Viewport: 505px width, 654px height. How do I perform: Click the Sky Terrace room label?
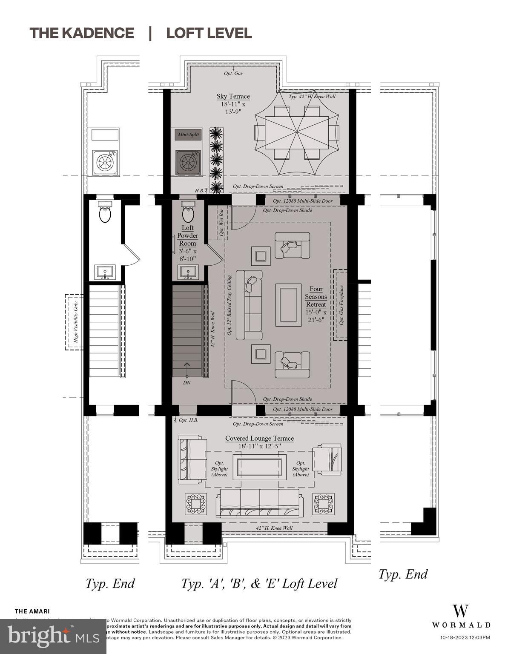point(233,97)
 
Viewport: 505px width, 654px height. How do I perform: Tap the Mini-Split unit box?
point(188,135)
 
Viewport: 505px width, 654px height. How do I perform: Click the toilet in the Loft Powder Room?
point(188,212)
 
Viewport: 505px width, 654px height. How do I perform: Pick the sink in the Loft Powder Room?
point(188,272)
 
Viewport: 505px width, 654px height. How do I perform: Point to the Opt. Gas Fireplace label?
point(341,305)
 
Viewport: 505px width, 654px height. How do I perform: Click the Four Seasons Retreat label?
point(316,297)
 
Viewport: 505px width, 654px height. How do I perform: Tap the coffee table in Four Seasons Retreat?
point(288,305)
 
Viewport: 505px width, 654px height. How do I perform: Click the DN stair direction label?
point(187,382)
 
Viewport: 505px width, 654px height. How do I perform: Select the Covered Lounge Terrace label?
point(259,439)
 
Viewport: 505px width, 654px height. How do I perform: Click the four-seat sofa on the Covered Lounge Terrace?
point(259,503)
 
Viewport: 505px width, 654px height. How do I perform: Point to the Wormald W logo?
point(461,611)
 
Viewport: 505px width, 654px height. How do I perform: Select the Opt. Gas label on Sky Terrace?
point(233,73)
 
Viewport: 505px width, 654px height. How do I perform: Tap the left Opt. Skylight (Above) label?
point(219,469)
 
